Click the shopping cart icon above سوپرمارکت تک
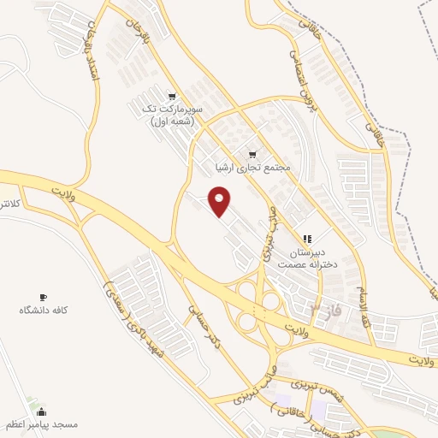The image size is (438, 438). point(172,97)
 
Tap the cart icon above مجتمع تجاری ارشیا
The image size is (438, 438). point(252,155)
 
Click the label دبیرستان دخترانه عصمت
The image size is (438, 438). point(306,259)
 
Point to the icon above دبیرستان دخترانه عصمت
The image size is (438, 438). point(306,238)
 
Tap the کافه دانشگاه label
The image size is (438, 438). point(43,309)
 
